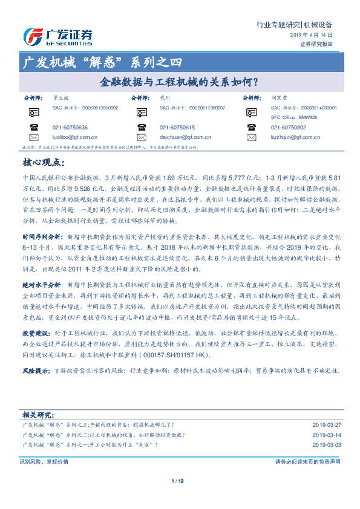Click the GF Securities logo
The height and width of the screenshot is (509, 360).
point(57,37)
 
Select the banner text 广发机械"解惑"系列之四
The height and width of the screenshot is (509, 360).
point(100,62)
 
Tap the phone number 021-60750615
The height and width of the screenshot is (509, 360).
point(177,128)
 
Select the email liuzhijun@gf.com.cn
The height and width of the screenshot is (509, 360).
point(298,138)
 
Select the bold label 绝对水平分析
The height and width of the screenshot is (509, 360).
point(42,267)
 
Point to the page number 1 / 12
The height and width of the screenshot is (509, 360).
point(177,481)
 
